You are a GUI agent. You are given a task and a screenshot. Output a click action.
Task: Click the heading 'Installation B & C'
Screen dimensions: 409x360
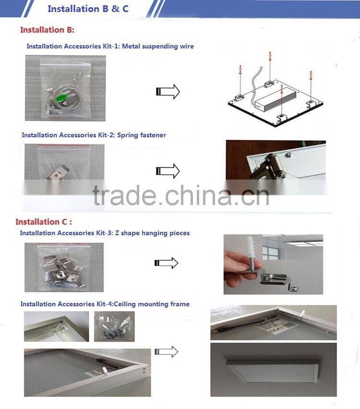coord(88,9)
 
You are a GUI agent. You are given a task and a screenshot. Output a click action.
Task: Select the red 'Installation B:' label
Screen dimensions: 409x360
coord(47,30)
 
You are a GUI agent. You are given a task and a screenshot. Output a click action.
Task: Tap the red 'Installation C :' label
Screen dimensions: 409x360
coord(44,222)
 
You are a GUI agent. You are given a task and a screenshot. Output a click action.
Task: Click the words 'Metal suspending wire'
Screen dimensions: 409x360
coord(159,47)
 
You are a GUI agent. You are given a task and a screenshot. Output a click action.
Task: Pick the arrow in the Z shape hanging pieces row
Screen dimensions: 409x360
coord(166,263)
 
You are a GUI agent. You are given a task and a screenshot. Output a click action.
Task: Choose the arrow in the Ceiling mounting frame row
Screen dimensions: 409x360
coord(166,352)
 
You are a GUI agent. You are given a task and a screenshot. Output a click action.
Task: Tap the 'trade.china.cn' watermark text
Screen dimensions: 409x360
coord(181,196)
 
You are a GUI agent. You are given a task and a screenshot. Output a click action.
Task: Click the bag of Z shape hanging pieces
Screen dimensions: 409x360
coord(64,267)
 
